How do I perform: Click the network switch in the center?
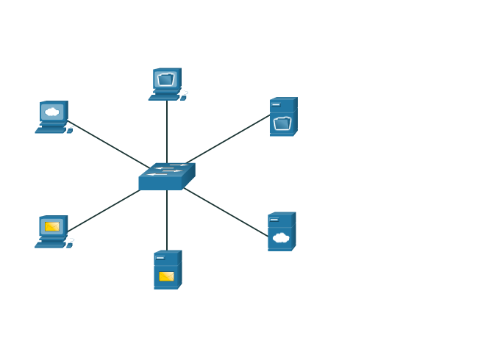click(166, 177)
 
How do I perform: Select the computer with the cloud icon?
click(53, 117)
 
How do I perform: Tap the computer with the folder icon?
click(166, 84)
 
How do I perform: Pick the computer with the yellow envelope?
click(53, 231)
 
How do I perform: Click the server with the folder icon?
click(283, 117)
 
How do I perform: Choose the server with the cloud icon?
click(282, 231)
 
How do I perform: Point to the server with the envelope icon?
click(167, 270)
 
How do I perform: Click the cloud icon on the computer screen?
click(51, 112)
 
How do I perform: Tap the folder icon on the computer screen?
click(165, 79)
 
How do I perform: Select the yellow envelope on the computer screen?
click(52, 226)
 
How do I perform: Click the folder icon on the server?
click(282, 123)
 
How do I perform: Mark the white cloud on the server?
click(281, 237)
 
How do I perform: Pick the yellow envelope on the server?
click(167, 276)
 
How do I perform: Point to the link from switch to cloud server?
click(226, 212)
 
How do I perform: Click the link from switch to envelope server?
click(167, 220)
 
